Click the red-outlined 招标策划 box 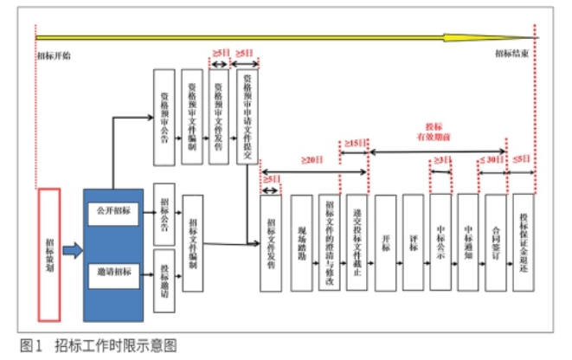(49, 245)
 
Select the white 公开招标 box (114, 211)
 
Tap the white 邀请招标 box (114, 273)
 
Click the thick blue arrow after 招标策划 (72, 251)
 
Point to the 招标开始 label (55, 54)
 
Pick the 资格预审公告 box (164, 117)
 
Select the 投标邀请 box (164, 280)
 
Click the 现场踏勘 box (301, 242)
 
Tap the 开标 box (385, 242)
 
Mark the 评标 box (414, 242)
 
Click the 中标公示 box (440, 242)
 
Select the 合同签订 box (495, 242)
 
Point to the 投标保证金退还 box (523, 242)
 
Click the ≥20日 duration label (312, 161)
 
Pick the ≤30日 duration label (492, 160)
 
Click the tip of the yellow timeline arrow (531, 37)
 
